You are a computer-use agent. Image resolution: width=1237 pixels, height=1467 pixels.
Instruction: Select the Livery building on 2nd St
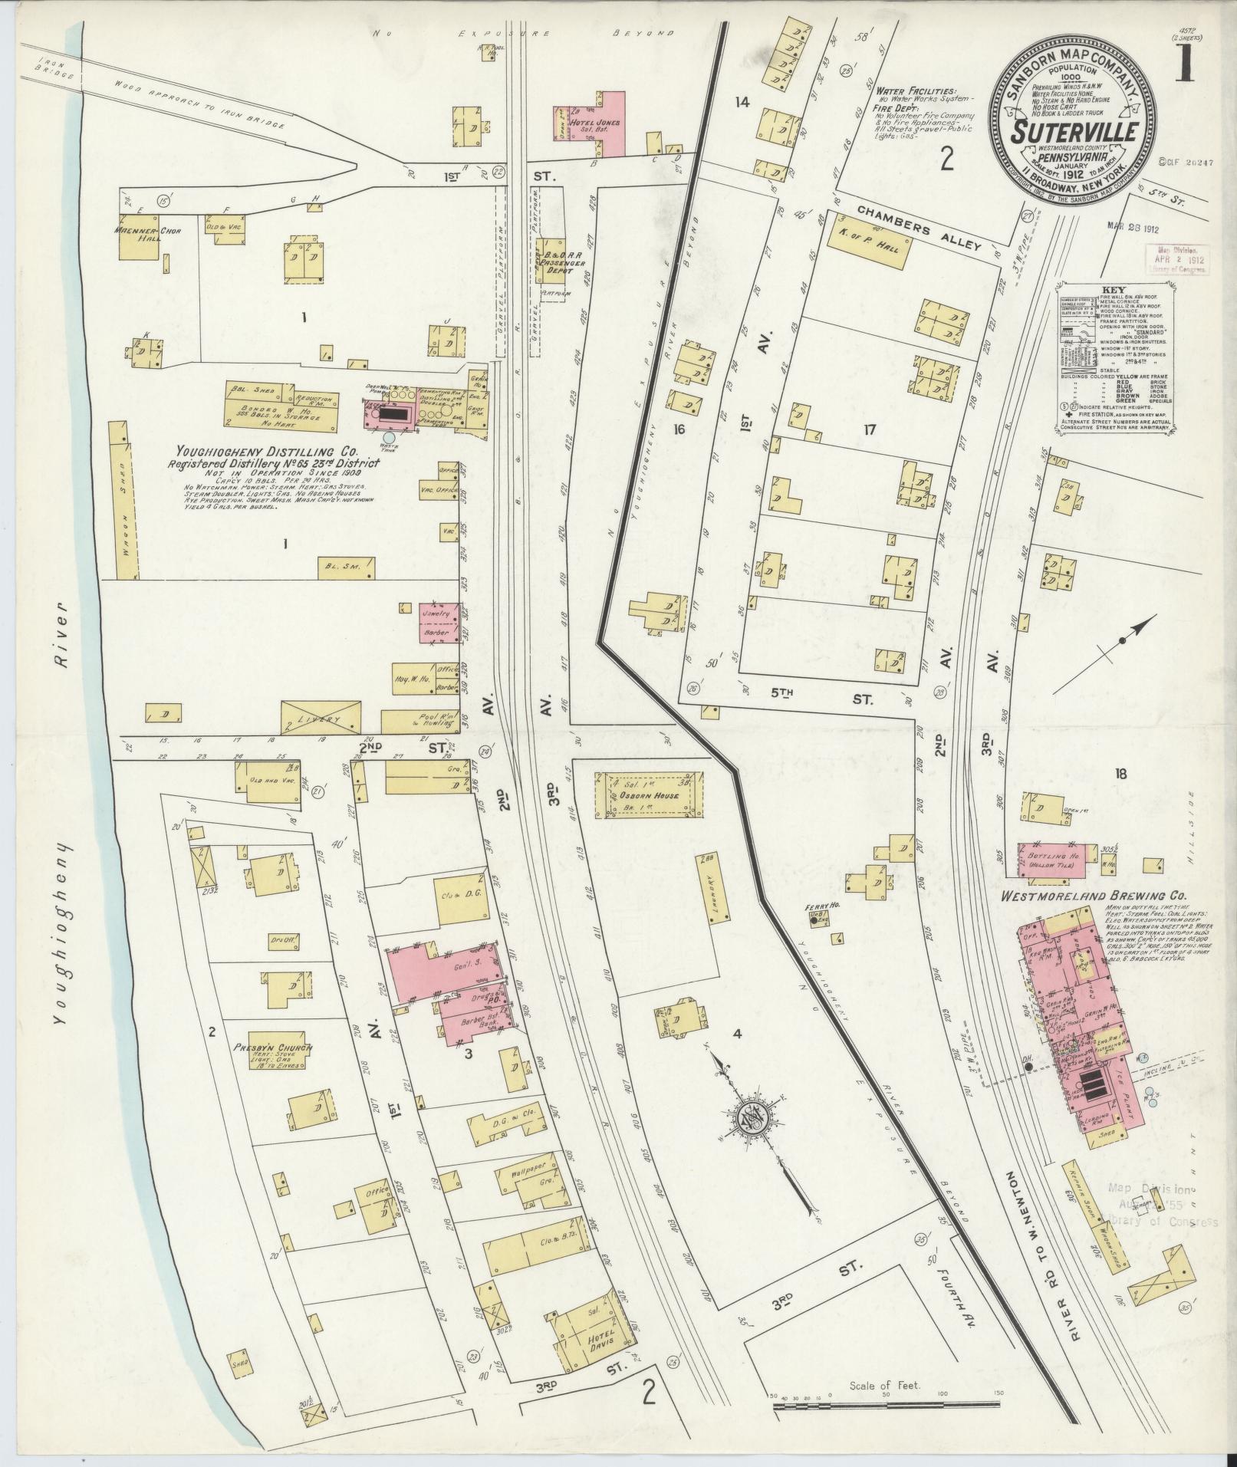(321, 715)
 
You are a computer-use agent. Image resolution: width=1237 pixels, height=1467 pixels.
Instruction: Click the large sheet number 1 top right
(1185, 66)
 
